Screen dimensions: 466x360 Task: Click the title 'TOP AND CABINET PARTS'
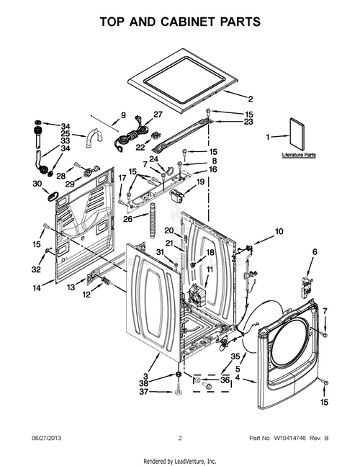tap(179, 22)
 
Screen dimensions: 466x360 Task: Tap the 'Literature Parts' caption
tap(299, 155)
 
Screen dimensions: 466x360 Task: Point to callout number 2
tap(251, 99)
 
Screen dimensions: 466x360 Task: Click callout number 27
tap(158, 114)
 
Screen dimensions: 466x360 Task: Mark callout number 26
tap(127, 219)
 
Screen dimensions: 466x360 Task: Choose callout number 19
tap(200, 184)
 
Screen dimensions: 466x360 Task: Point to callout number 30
tap(36, 184)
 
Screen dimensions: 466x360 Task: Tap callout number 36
tap(225, 380)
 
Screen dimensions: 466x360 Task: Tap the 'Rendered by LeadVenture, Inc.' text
tap(180, 460)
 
